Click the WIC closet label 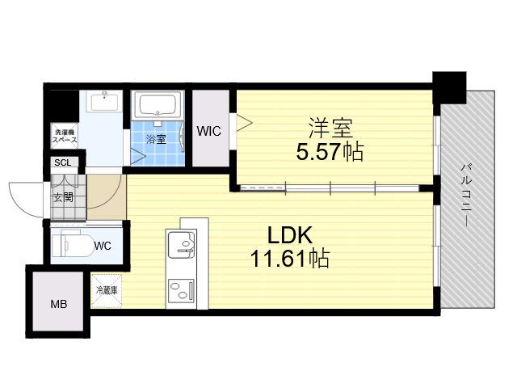point(208,131)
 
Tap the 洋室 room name point(330,128)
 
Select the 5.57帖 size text point(330,152)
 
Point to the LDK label point(289,235)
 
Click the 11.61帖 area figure point(290,259)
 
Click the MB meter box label point(59,304)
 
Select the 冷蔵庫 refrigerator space point(107,291)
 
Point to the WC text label point(103,246)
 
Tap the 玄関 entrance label point(63,197)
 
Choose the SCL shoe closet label point(63,162)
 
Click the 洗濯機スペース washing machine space point(65,136)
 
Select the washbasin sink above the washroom point(105,102)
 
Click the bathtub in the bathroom point(158,105)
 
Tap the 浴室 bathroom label point(156,139)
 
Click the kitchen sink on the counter point(181,244)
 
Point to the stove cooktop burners point(181,290)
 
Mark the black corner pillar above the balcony point(449,87)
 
